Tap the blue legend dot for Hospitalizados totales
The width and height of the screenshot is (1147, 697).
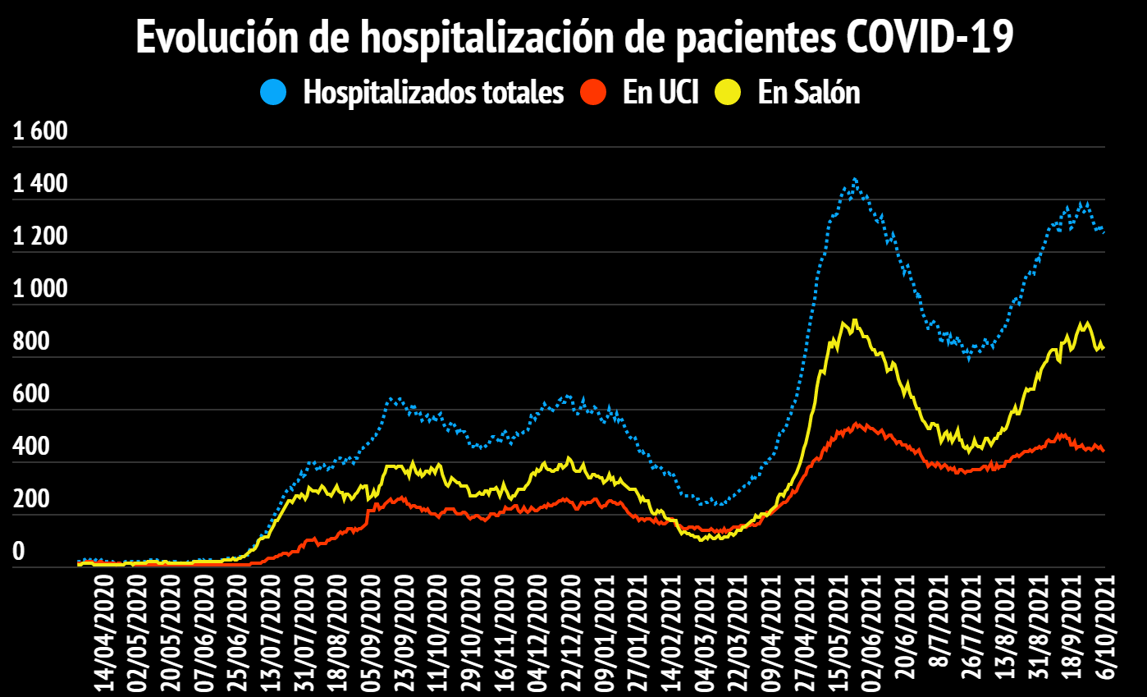[x=273, y=92]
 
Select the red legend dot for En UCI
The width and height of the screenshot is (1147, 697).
[x=592, y=92]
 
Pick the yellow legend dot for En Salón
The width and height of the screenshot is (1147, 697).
[x=728, y=92]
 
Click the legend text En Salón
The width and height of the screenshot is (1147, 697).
[x=809, y=92]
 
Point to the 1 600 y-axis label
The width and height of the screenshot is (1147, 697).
[x=40, y=132]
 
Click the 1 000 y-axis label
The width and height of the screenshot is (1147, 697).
[x=40, y=290]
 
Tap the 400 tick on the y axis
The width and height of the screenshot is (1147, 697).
[x=31, y=447]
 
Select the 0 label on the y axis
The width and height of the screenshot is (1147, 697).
[x=18, y=553]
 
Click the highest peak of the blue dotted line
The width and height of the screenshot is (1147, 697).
[x=854, y=178]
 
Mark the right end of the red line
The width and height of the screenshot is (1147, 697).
[x=1104, y=450]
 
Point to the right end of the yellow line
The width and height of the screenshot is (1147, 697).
[x=1104, y=347]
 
